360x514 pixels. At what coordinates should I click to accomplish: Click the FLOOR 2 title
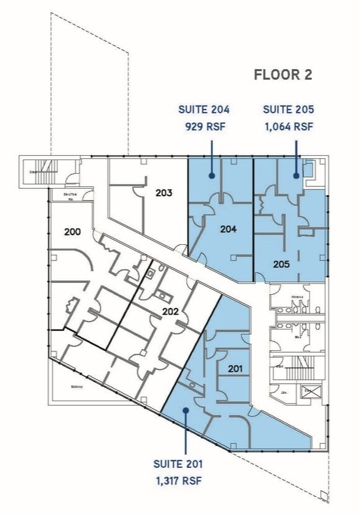point(283,75)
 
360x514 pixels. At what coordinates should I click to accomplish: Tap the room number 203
point(164,193)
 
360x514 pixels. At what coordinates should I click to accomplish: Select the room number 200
point(73,232)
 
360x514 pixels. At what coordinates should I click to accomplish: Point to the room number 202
point(171,312)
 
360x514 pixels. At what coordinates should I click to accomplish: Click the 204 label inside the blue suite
point(229,229)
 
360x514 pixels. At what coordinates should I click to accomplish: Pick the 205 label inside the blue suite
point(282,264)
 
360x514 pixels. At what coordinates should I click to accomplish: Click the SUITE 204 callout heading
point(204,110)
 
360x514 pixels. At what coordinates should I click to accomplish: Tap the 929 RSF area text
point(204,126)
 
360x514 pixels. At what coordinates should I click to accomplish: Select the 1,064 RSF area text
point(288,126)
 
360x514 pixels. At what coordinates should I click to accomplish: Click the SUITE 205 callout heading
point(288,110)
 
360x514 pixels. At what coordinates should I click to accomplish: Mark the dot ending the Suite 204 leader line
point(212,176)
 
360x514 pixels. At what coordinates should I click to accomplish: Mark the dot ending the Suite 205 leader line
point(296,176)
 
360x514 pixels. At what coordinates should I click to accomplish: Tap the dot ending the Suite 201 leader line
point(186,410)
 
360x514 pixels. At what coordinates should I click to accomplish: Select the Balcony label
point(77,388)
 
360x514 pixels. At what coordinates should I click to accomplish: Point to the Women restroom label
point(297,297)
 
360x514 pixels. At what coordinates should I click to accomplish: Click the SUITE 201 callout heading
point(178,464)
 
